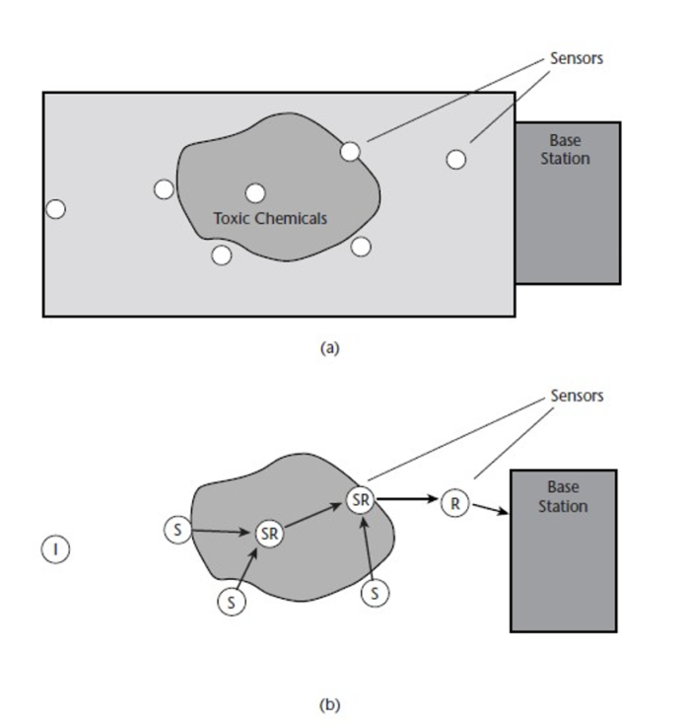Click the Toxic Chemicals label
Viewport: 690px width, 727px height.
[269, 218]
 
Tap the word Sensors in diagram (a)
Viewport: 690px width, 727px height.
[577, 58]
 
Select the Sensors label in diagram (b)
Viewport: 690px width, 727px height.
[577, 396]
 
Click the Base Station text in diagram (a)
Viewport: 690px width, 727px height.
[565, 149]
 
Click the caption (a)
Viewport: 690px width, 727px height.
[330, 347]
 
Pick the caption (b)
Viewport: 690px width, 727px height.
[330, 705]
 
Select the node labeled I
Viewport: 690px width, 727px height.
[56, 547]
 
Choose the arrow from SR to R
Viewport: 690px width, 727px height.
[407, 499]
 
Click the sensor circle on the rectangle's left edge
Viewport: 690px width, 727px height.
[56, 209]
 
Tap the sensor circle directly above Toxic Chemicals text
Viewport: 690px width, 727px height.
[255, 193]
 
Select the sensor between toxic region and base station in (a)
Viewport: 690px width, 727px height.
[455, 159]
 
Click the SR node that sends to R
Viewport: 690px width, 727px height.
[361, 499]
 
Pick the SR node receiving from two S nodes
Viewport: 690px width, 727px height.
[269, 533]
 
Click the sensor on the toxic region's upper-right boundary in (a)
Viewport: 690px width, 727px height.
[350, 151]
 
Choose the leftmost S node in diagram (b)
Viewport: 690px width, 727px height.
[174, 529]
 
